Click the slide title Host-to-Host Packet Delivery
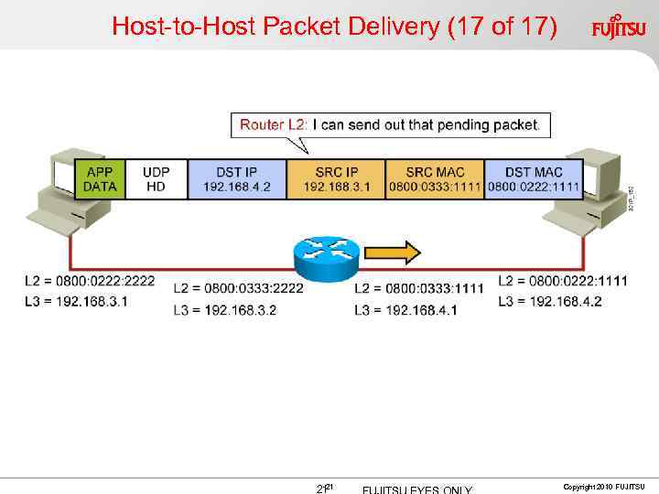click(334, 27)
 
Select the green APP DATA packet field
click(100, 179)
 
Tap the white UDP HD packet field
click(155, 179)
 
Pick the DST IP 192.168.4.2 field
click(237, 179)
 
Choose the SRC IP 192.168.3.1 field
click(336, 179)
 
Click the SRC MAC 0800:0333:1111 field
click(434, 179)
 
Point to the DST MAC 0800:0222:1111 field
click(533, 179)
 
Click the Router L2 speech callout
click(389, 124)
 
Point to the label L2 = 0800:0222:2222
click(90, 281)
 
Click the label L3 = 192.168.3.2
click(224, 310)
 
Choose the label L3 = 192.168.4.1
click(405, 310)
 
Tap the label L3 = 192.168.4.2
click(550, 301)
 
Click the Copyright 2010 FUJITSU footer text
click(603, 486)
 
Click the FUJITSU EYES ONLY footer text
click(417, 489)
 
